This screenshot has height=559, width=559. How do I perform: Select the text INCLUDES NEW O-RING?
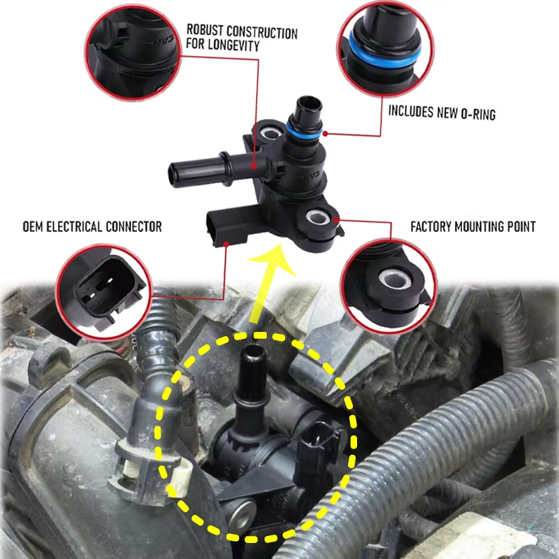point(442,112)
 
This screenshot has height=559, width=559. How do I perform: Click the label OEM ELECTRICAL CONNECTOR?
point(92,226)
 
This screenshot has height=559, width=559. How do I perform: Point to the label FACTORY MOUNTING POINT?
point(472,227)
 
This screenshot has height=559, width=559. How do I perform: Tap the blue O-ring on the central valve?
point(303,131)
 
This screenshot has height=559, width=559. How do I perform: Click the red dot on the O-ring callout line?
point(326,133)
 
